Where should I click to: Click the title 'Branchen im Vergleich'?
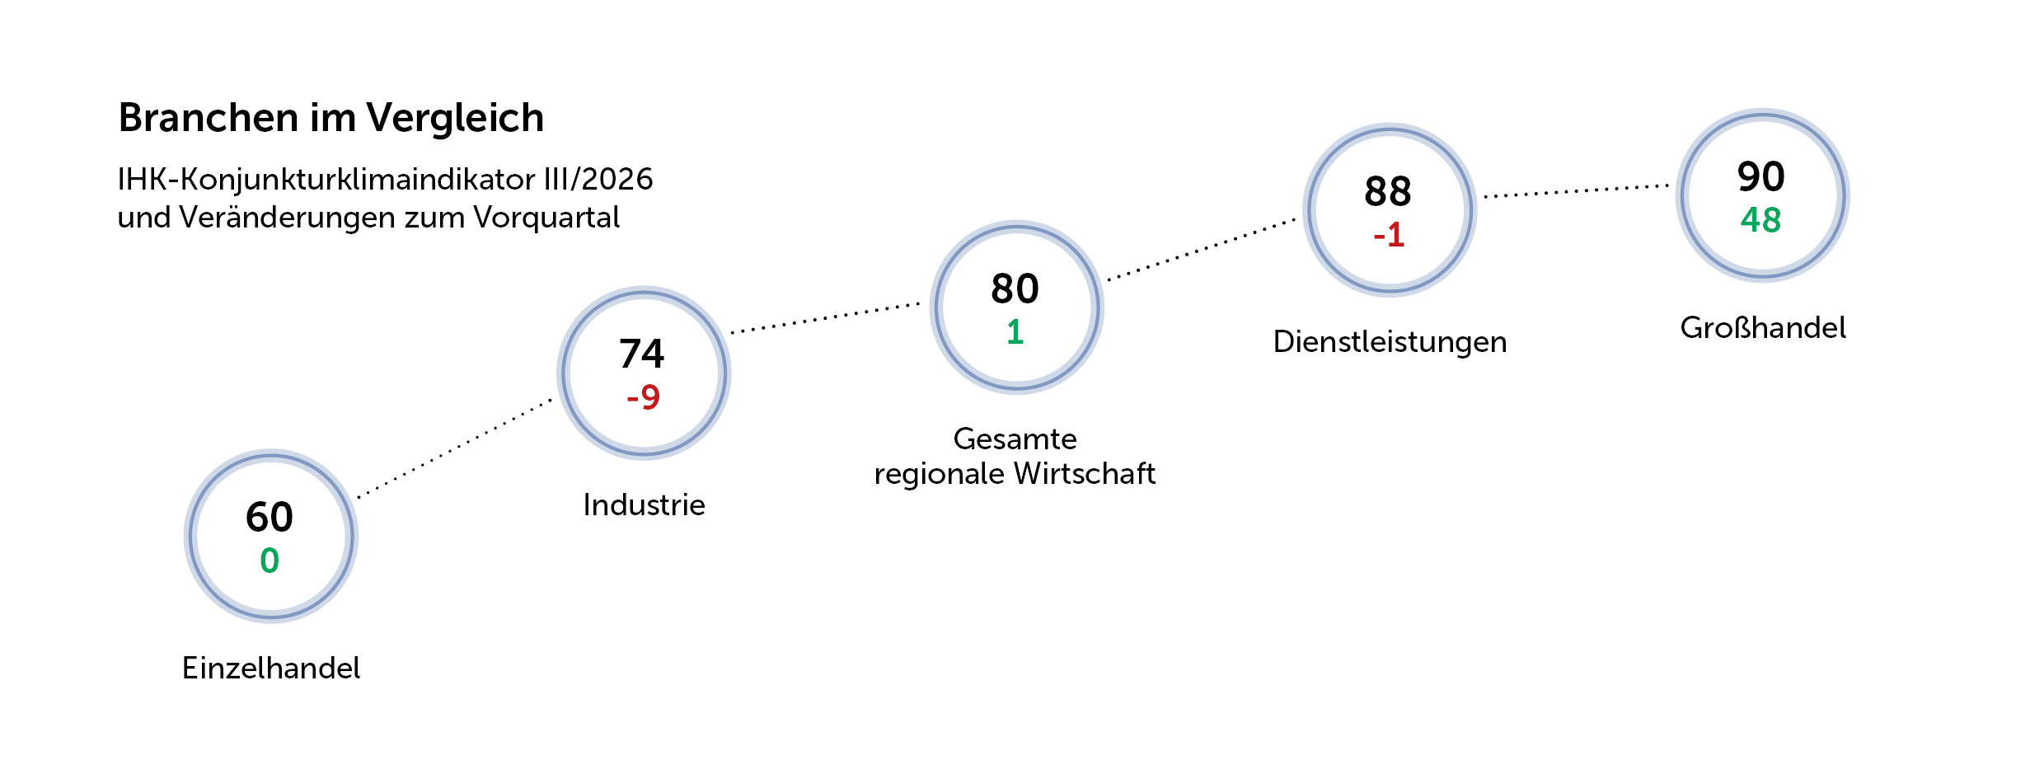pyautogui.click(x=331, y=118)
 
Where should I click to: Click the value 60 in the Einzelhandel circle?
pyautogui.click(x=270, y=517)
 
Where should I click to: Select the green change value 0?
pyautogui.click(x=270, y=561)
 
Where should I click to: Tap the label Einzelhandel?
pyautogui.click(x=271, y=668)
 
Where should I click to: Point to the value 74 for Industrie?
pyautogui.click(x=642, y=354)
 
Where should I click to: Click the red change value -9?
pyautogui.click(x=643, y=397)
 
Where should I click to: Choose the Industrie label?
pyautogui.click(x=644, y=504)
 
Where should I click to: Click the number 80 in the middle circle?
pyautogui.click(x=1015, y=289)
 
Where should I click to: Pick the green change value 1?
pyautogui.click(x=1015, y=332)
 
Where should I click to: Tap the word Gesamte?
pyautogui.click(x=1015, y=439)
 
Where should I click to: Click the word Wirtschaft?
pyautogui.click(x=1085, y=473)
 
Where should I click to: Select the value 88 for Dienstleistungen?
pyautogui.click(x=1388, y=191)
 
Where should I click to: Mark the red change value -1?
pyautogui.click(x=1389, y=235)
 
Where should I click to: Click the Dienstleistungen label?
pyautogui.click(x=1390, y=341)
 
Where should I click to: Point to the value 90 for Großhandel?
pyautogui.click(x=1761, y=176)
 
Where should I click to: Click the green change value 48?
pyautogui.click(x=1761, y=220)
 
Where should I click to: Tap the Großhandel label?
pyautogui.click(x=1763, y=327)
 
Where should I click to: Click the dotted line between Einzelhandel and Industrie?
pyautogui.click(x=455, y=449)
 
